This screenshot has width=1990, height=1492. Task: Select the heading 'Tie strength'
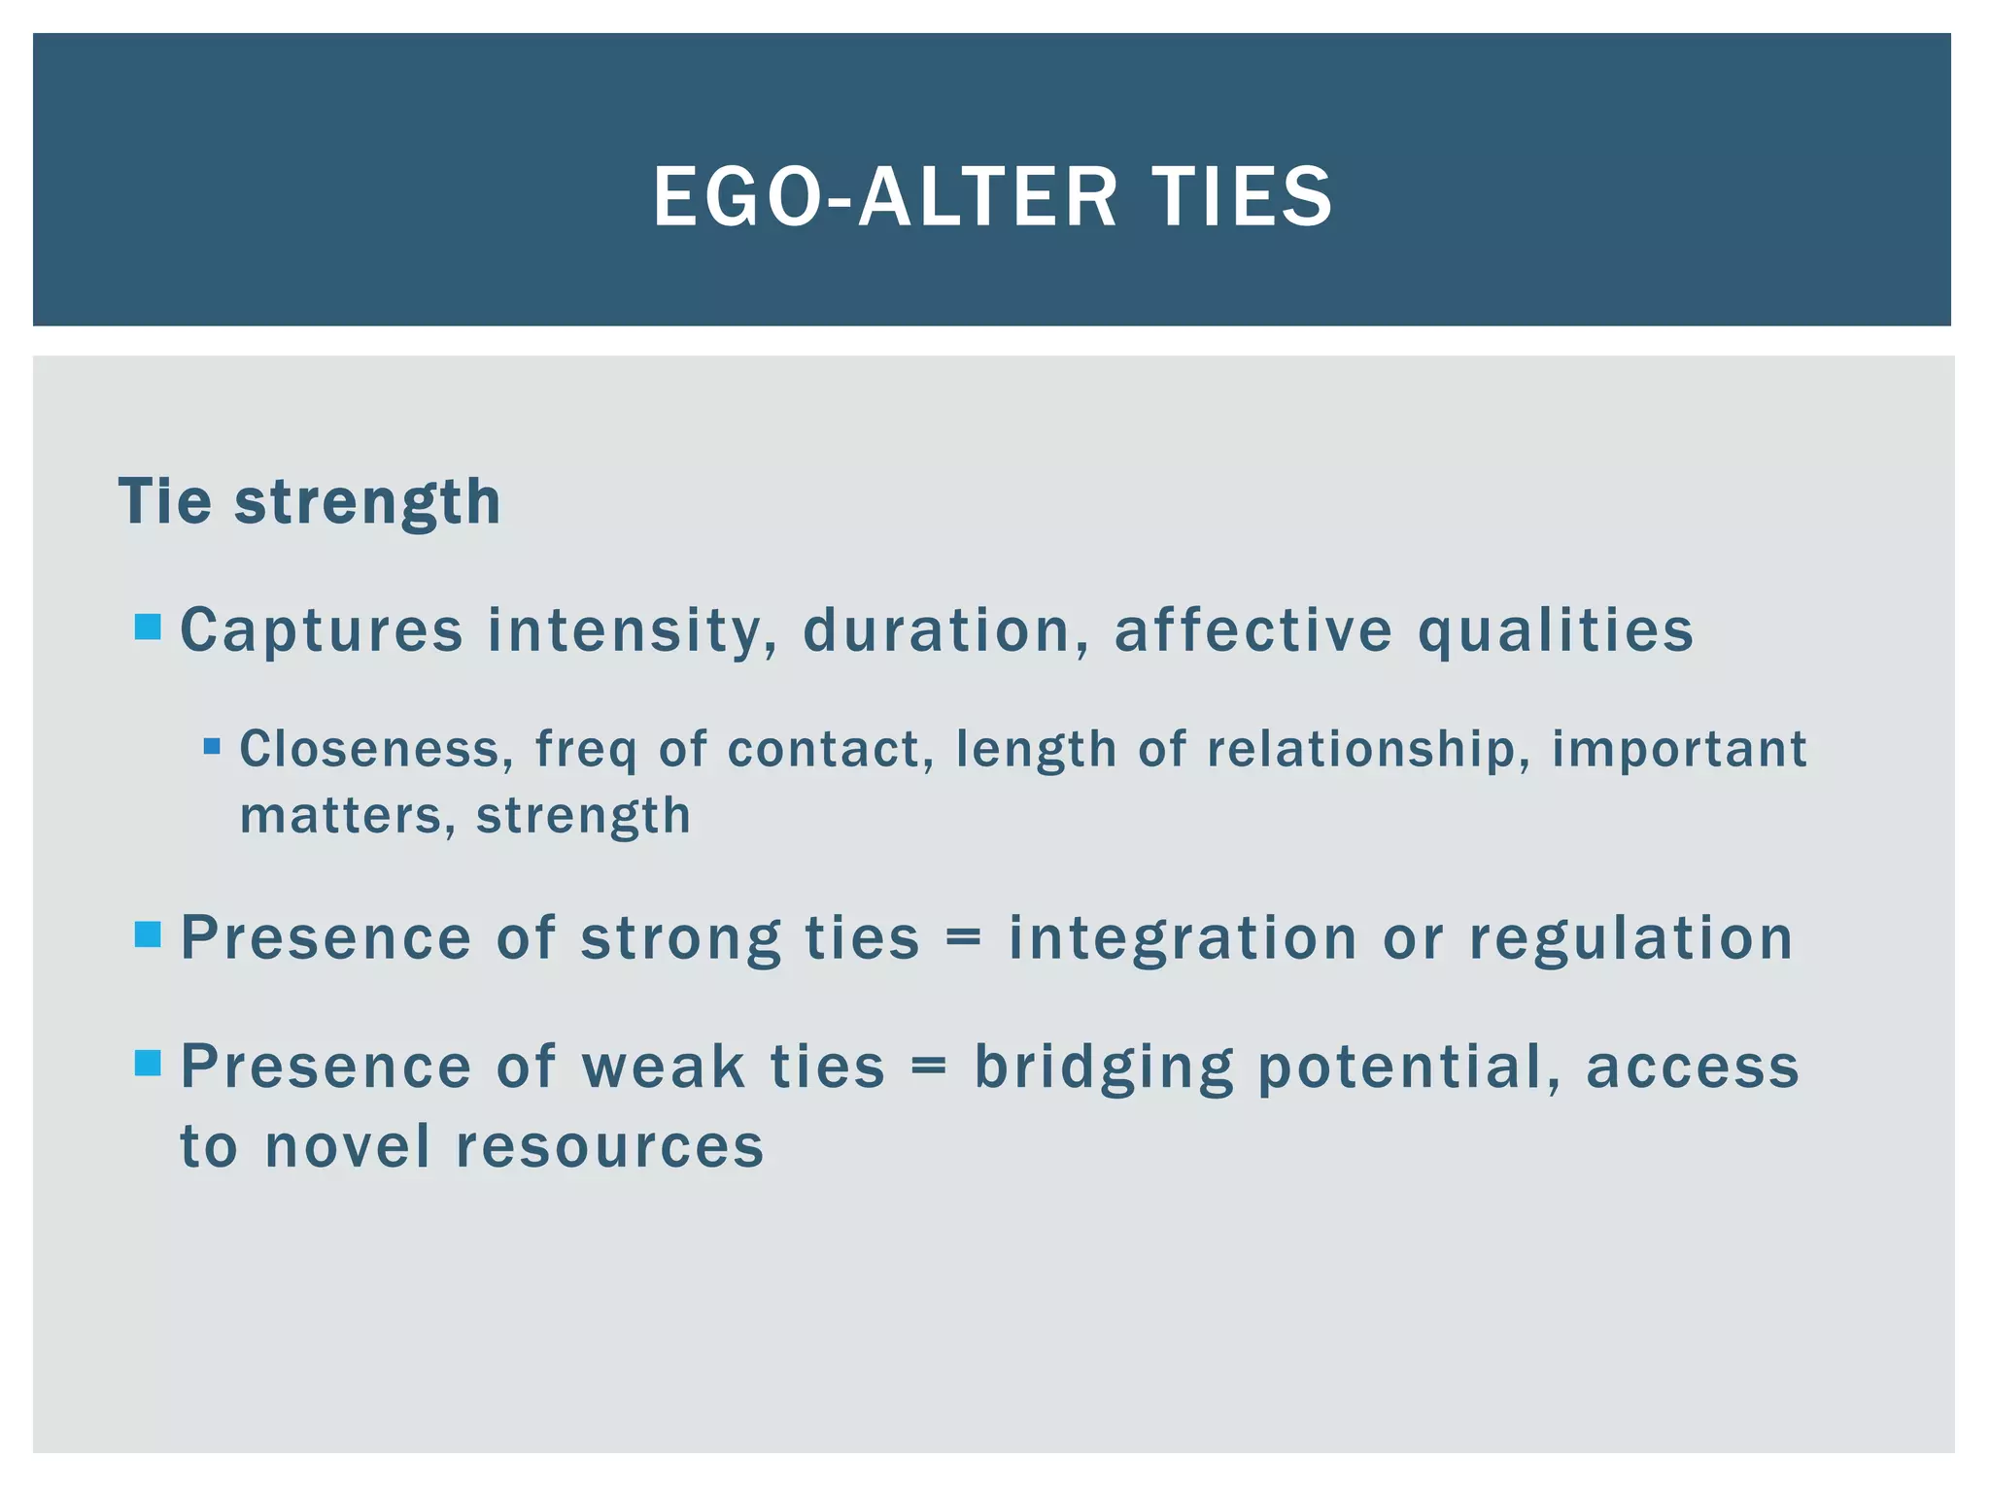coord(309,502)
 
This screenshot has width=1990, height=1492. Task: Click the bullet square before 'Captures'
coord(148,627)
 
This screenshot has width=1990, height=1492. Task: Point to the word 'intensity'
coord(632,631)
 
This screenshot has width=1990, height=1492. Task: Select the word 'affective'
coord(1253,631)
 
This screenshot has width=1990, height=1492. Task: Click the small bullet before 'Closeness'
coord(212,747)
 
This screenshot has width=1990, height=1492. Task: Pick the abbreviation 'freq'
coord(586,751)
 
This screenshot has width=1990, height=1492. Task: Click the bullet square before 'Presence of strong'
coord(148,935)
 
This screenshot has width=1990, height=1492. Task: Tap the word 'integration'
coord(1183,939)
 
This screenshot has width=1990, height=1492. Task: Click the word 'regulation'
coord(1630,939)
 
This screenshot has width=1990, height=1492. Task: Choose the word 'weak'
coord(663,1067)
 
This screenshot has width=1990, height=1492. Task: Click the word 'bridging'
coord(1104,1068)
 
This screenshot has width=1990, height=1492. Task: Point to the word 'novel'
coord(347,1147)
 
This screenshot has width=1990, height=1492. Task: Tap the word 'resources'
coord(610,1147)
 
